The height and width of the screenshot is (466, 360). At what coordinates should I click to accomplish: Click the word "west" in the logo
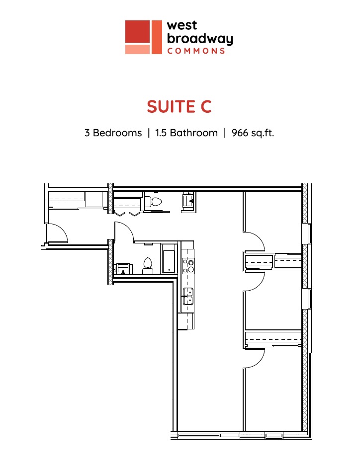click(182, 25)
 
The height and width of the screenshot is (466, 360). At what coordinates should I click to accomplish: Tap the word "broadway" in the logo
click(200, 39)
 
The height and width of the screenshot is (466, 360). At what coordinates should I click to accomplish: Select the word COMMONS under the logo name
click(196, 51)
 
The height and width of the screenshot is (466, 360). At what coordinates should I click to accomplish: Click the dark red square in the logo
click(137, 31)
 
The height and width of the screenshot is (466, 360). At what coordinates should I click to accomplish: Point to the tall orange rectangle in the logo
click(157, 37)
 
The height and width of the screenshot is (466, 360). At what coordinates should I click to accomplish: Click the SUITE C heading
click(179, 107)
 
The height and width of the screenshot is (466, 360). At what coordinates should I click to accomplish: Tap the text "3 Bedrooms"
click(113, 133)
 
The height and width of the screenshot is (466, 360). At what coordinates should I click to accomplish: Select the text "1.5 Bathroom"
click(186, 133)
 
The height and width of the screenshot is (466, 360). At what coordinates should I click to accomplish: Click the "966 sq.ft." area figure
click(253, 133)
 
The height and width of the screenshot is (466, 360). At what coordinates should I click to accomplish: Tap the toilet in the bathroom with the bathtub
click(148, 266)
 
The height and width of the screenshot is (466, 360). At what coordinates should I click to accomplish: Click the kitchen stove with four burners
click(188, 266)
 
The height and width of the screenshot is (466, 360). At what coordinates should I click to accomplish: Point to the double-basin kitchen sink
click(188, 296)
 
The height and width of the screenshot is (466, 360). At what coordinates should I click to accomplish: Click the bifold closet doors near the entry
click(127, 214)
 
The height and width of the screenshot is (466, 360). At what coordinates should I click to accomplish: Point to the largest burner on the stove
click(191, 270)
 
